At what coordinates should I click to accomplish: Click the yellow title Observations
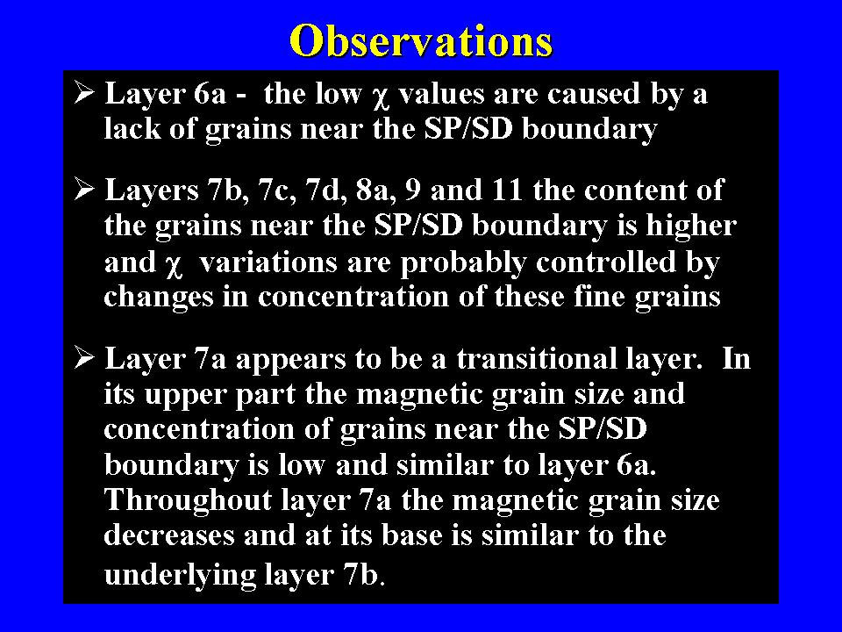[421, 41]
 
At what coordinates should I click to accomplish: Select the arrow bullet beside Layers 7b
[84, 190]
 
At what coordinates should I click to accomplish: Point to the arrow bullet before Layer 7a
[84, 357]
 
